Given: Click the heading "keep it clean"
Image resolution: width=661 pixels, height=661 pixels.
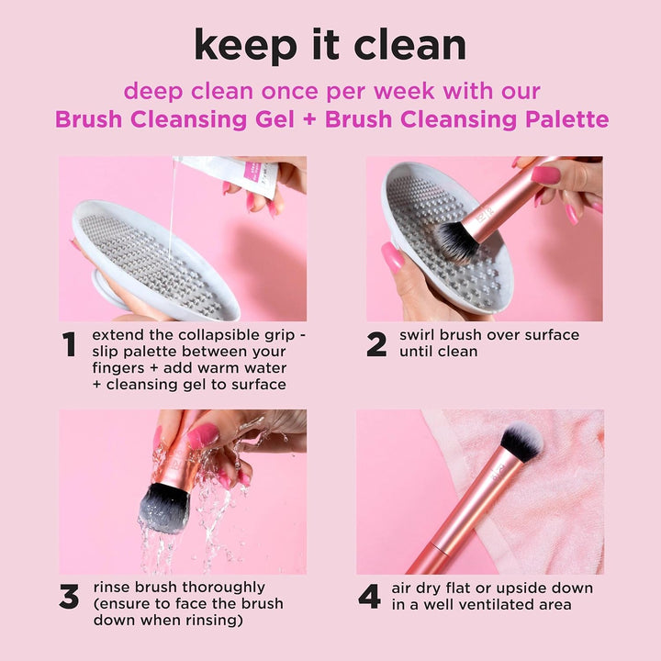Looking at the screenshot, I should click(x=330, y=44).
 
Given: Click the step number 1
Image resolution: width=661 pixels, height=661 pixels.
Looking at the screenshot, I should click(x=69, y=344).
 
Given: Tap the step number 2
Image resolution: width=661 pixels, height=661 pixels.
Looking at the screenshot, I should click(x=376, y=344).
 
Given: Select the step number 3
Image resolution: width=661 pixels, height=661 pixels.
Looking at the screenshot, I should click(x=69, y=597).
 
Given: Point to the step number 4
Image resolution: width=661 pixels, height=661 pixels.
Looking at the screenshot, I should click(x=369, y=597).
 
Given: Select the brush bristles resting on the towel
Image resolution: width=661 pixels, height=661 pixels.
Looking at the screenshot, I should click(x=521, y=443).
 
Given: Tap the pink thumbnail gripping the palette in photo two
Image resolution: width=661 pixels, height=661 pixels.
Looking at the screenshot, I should click(x=393, y=258).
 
